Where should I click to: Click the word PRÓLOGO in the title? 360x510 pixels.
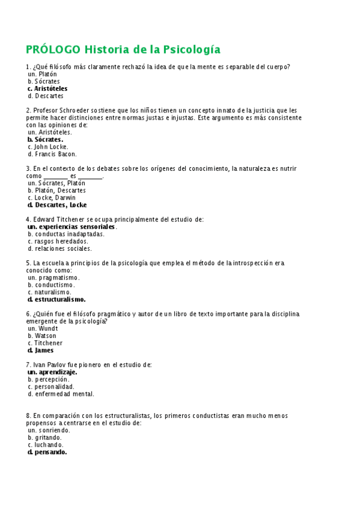coord(52,49)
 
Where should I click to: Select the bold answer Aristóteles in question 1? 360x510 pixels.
coord(50,88)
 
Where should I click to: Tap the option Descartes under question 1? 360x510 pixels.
coord(49,96)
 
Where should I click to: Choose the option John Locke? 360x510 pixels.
coord(51,147)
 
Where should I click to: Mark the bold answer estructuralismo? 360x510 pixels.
coord(59,300)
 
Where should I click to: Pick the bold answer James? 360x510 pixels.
coord(44,350)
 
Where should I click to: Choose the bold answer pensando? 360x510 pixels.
coord(50,452)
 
